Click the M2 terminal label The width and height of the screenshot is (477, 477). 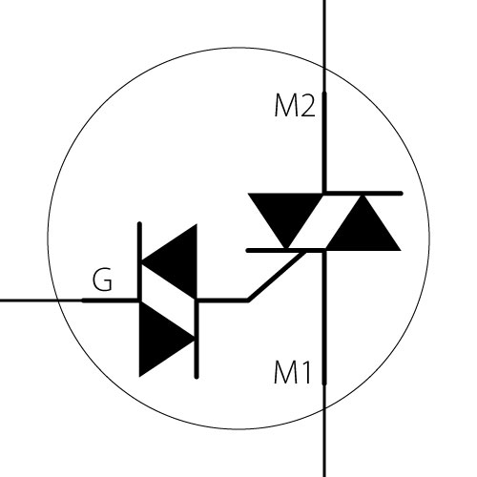tap(295, 106)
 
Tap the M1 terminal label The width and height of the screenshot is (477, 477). tap(292, 373)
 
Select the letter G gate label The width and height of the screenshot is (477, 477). tap(102, 280)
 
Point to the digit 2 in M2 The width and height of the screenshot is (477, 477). tap(307, 106)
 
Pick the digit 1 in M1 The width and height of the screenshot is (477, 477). tap(305, 373)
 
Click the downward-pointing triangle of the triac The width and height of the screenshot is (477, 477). tap(285, 217)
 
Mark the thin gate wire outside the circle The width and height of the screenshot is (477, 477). tap(30, 301)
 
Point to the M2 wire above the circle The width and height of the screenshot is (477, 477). tap(324, 33)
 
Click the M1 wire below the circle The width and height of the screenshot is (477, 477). tap(324, 443)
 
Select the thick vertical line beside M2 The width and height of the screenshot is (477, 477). tap(324, 142)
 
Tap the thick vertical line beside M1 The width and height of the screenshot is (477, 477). tap(324, 318)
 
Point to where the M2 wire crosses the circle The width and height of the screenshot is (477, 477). tap(324, 68)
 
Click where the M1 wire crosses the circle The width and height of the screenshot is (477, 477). tap(324, 409)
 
